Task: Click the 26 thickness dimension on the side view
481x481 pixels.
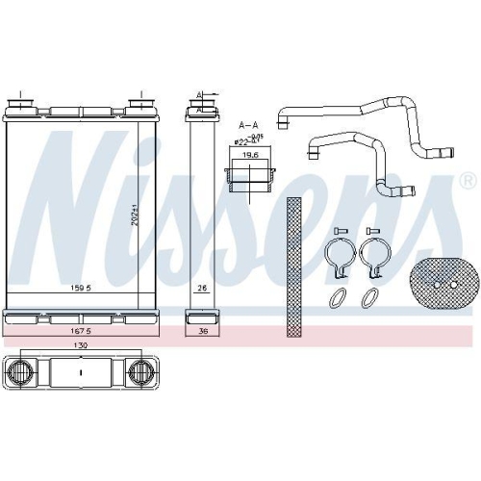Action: pyautogui.click(x=202, y=287)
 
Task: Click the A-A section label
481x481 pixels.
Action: pyautogui.click(x=248, y=126)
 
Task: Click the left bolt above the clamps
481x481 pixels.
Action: pyautogui.click(x=339, y=231)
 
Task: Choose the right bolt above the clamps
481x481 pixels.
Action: pyautogui.click(x=373, y=231)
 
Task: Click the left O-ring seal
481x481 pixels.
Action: pyautogui.click(x=337, y=299)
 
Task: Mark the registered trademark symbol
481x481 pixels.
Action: pyautogui.click(x=468, y=181)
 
